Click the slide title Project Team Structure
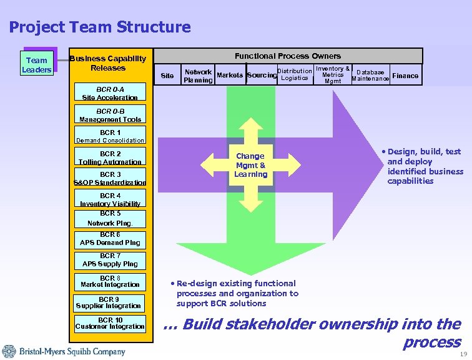click(100, 27)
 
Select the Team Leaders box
click(37, 65)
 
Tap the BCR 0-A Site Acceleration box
click(110, 93)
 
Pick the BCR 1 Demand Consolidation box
click(110, 136)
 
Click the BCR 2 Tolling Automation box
click(110, 157)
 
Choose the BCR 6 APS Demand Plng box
click(110, 239)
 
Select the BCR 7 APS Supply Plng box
click(110, 260)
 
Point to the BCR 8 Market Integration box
click(110, 281)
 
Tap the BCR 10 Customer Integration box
click(110, 323)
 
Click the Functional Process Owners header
click(288, 56)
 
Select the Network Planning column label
click(198, 76)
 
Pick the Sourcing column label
click(262, 76)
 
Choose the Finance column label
click(405, 76)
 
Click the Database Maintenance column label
click(370, 76)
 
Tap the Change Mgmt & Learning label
click(250, 165)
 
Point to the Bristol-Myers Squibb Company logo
click(63, 352)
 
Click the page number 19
click(463, 354)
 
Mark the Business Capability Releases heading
click(107, 63)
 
